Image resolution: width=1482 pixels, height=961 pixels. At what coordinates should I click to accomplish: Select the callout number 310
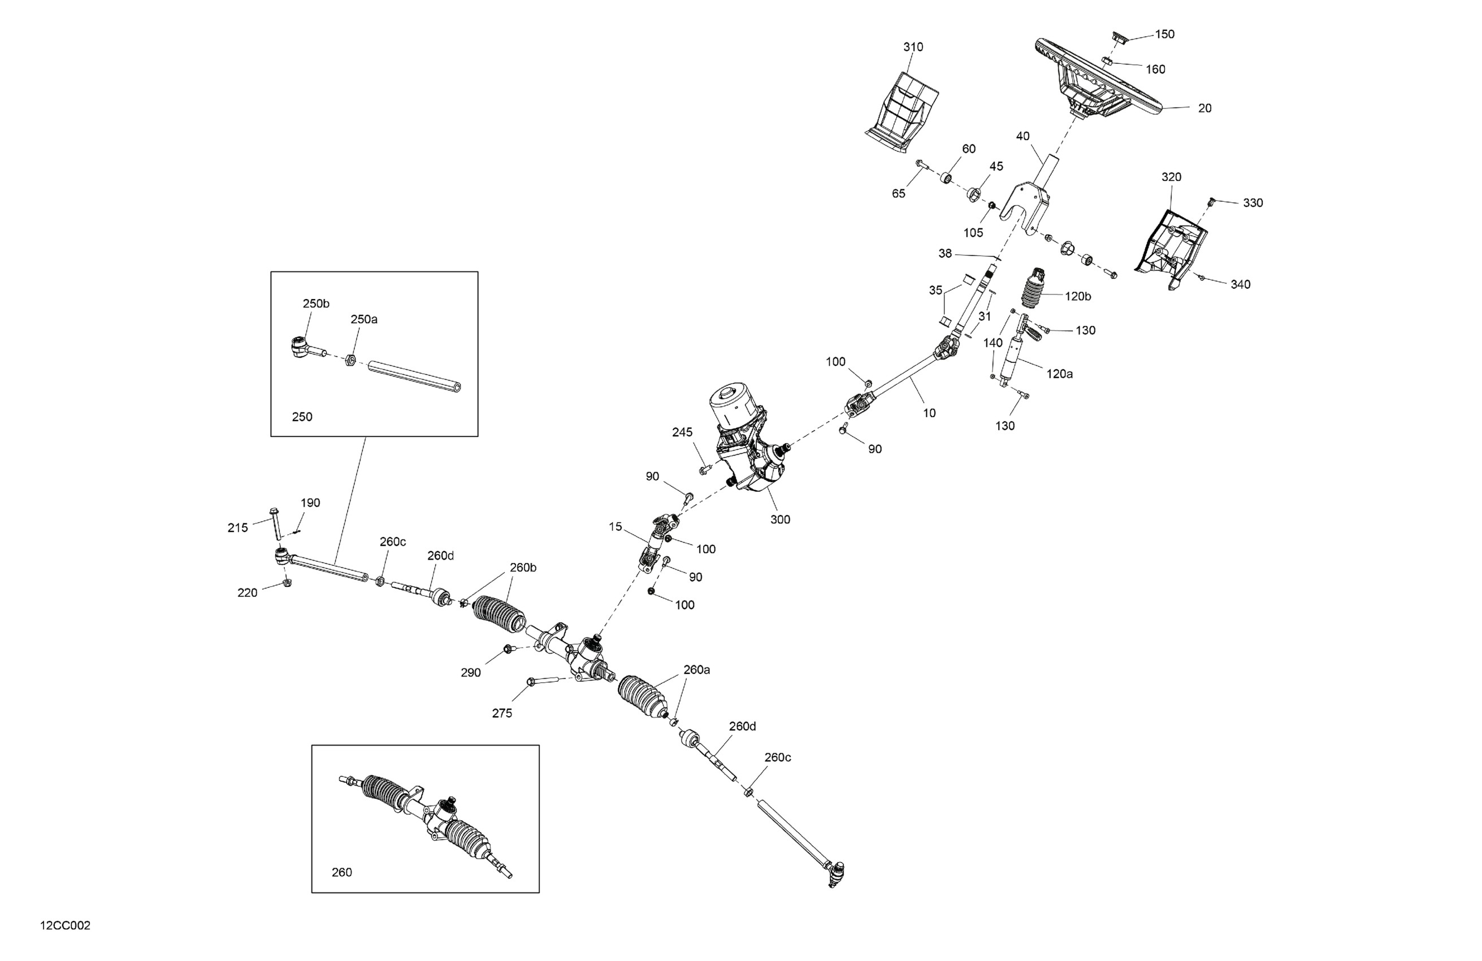click(913, 47)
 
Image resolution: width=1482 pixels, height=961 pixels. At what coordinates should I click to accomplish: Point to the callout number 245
click(682, 432)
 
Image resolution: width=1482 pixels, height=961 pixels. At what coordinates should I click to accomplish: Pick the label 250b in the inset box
click(316, 304)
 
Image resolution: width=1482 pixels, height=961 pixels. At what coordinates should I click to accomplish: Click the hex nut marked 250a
click(350, 360)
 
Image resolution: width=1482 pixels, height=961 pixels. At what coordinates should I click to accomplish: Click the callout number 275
click(502, 713)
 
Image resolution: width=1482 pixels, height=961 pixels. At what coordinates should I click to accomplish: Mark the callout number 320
click(1171, 177)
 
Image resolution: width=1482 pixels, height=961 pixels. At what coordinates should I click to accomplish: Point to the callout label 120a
click(1059, 374)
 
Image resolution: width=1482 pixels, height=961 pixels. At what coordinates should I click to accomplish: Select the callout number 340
click(1241, 284)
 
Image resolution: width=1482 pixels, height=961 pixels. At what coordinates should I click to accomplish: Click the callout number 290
click(471, 673)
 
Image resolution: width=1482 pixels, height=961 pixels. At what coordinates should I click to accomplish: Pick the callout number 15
click(615, 527)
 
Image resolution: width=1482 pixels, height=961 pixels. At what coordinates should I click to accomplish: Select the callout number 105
click(973, 233)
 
